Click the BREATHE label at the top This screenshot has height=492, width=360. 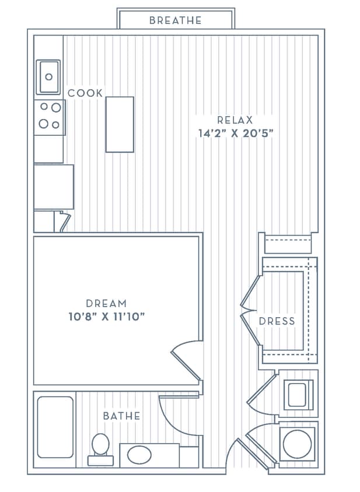[x=175, y=20]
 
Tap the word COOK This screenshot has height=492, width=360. [x=85, y=93]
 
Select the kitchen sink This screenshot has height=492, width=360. [x=48, y=76]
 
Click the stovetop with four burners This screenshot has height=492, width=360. [x=50, y=116]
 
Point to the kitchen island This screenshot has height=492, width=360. [x=120, y=124]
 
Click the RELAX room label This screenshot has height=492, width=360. [x=235, y=120]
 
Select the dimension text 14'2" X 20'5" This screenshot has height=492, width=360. [x=235, y=133]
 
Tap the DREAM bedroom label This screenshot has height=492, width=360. [x=106, y=303]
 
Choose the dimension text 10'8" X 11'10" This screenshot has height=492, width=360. [x=106, y=317]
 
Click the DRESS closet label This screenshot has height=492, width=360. [x=277, y=321]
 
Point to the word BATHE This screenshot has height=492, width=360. [x=121, y=416]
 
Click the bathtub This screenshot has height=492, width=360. [x=55, y=427]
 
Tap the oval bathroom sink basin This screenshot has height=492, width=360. [x=139, y=455]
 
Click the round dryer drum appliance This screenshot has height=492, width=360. [x=298, y=443]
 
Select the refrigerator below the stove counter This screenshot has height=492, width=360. [x=54, y=187]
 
